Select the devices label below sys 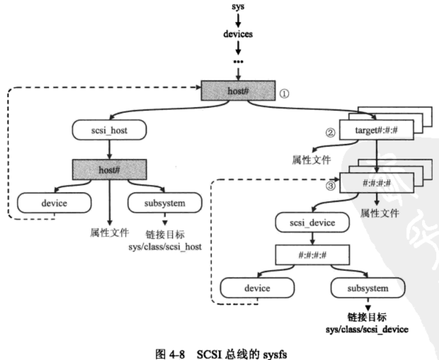[x=238, y=34]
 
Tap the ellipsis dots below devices [x=238, y=60]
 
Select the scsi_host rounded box [x=109, y=131]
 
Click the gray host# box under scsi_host [x=109, y=169]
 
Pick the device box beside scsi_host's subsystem [x=54, y=202]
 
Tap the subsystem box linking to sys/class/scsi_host [x=165, y=202]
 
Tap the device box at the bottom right [x=257, y=288]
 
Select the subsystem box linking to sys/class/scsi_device [x=367, y=288]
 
